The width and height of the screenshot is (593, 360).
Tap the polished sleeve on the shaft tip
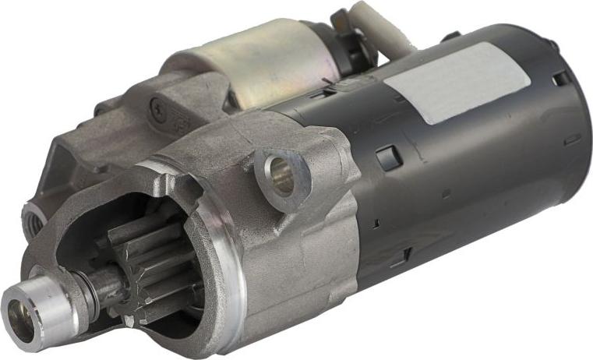(35, 312)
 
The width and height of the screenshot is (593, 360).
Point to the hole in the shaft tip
(21, 322)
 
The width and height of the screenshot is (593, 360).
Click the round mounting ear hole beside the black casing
(279, 176)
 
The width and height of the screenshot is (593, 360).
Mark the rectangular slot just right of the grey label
(560, 79)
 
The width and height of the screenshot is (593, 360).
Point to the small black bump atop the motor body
(451, 36)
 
